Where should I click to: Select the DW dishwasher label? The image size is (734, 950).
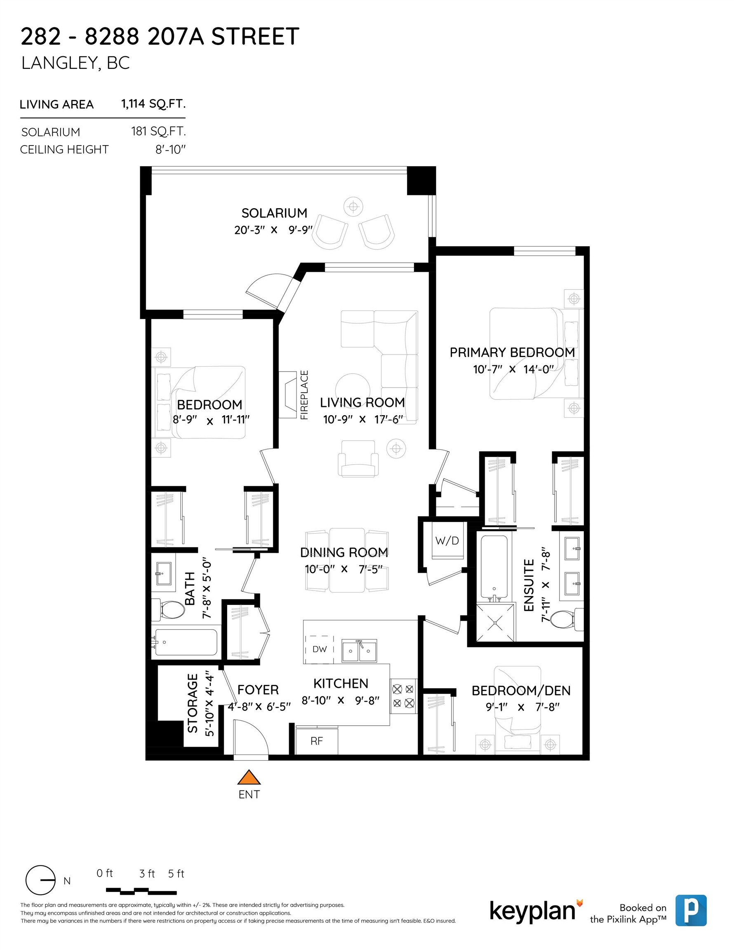coord(319,649)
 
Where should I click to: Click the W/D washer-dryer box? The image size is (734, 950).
coord(447,541)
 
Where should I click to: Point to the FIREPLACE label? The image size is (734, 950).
coord(304,395)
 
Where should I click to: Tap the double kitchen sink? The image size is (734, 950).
coord(359,651)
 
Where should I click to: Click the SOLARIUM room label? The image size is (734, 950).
coord(274,213)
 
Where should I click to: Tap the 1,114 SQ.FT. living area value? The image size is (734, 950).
coord(153,104)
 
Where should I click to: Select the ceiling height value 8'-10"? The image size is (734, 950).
coord(171,150)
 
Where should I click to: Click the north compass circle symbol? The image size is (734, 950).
coord(40,880)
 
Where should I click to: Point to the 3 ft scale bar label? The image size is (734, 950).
coord(147,873)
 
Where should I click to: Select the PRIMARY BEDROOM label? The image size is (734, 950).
coord(512,353)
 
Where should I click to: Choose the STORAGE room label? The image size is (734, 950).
coord(192,703)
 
